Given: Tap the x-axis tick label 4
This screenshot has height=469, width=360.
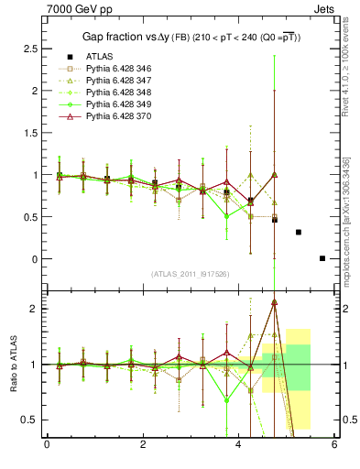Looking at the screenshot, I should click(x=238, y=445).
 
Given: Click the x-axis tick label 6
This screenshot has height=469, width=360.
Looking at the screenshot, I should click(x=334, y=445).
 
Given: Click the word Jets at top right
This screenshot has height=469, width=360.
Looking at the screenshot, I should click(x=324, y=8).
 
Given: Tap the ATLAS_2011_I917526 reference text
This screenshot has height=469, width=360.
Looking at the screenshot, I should click(x=190, y=274).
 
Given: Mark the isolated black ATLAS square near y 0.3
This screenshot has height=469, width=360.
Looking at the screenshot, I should click(x=299, y=232).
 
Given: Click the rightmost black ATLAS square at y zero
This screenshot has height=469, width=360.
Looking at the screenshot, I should click(x=322, y=258).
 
